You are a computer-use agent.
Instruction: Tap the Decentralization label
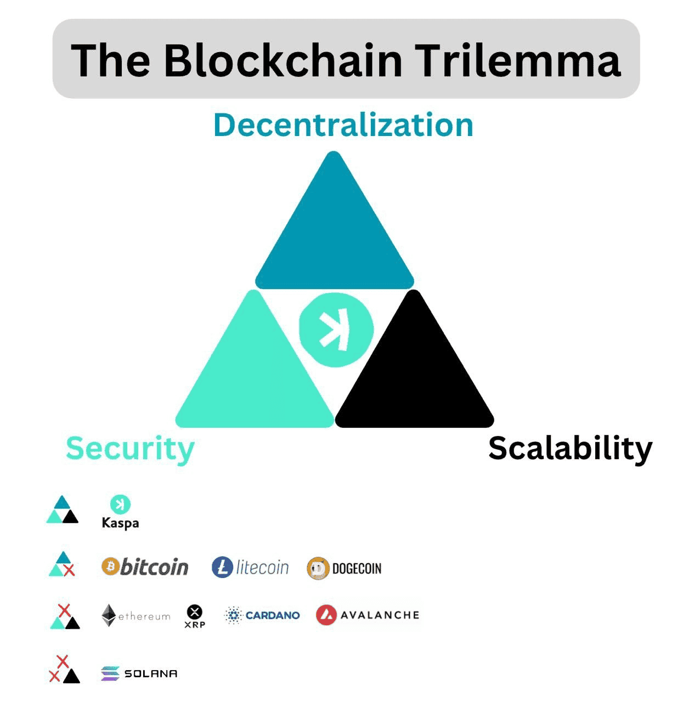pos(343,124)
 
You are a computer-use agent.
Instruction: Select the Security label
pos(130,448)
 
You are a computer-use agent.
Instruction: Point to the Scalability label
pos(570,448)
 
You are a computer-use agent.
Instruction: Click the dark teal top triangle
pos(334,230)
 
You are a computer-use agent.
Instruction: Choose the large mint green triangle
pos(254,373)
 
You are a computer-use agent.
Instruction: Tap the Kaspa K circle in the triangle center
pos(336,330)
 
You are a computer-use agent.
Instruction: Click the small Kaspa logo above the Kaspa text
pos(120,504)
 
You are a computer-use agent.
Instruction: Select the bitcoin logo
pos(145,567)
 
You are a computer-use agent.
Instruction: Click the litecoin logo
pos(250,567)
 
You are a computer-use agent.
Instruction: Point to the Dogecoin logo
pos(344,568)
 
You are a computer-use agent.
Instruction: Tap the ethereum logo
pos(136,616)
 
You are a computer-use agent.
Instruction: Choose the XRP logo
pos(195,616)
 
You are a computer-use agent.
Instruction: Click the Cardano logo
pos(262,615)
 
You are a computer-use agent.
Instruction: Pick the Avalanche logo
pos(368,615)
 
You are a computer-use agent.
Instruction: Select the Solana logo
pos(139,673)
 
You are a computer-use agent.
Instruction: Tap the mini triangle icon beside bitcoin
pos(62,564)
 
